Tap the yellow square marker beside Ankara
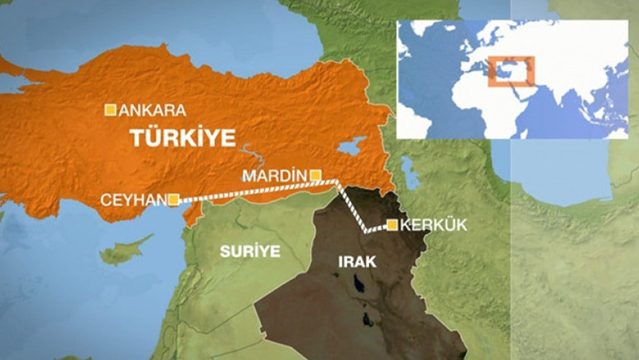(109, 109)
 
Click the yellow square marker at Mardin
(315, 175)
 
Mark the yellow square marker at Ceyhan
(173, 199)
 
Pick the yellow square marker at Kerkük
(392, 224)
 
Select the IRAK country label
(357, 262)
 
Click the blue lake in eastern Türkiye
(348, 146)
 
